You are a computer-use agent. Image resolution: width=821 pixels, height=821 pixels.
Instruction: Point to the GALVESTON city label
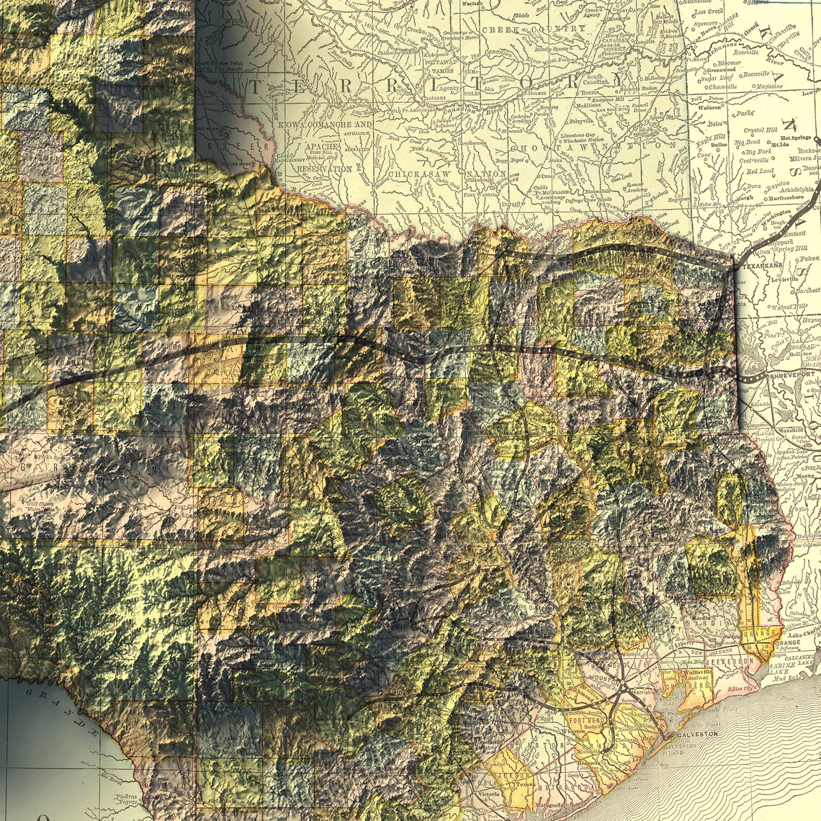697,733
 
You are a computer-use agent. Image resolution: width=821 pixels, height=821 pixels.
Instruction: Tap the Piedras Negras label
133,799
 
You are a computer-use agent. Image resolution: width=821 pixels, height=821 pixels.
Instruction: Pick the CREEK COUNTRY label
533,30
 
